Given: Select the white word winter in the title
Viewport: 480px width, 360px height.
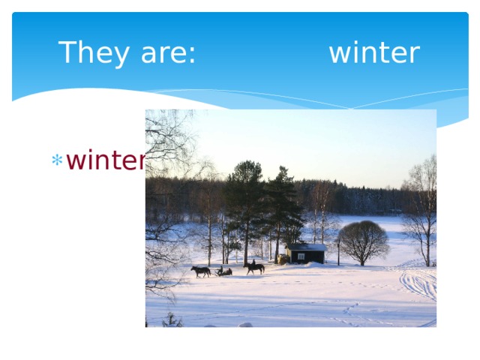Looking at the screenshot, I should point(373,53).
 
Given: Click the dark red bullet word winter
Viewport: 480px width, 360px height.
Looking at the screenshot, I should point(106,160).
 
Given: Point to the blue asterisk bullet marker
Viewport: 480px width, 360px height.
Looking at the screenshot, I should point(55,160).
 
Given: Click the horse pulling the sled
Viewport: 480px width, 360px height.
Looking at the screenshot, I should point(200,271).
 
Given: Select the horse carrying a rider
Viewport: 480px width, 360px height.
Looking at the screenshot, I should point(255,268).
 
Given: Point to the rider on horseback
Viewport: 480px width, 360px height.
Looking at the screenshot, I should point(253,262).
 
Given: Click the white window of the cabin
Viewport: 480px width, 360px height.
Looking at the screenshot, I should point(301,256).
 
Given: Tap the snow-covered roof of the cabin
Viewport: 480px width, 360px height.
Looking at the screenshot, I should point(307,247).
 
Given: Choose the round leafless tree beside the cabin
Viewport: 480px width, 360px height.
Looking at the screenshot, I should point(363,242).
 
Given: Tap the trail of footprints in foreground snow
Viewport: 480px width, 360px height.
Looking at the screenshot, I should point(349,311).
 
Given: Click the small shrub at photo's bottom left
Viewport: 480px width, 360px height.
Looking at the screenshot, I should point(172,321).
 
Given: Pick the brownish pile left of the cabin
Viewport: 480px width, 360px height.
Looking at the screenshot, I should point(283,259).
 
